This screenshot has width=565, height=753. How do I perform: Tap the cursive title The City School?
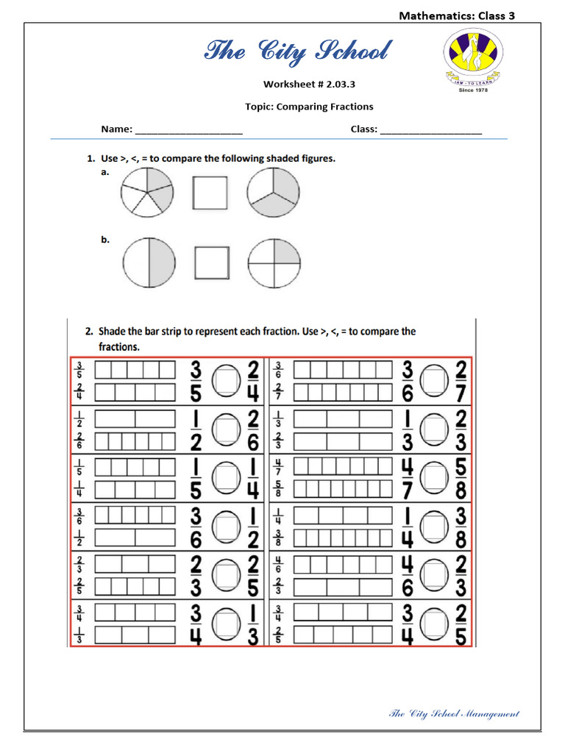coord(297,52)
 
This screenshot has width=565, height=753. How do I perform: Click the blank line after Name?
coord(189,130)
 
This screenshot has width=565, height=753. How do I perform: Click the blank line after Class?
coord(431,130)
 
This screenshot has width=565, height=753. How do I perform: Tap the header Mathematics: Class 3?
coord(456,15)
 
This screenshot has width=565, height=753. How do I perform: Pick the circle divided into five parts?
coord(146,192)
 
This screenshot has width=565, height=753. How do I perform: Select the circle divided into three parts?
coord(274,192)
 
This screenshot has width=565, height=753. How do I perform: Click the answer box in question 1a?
coord(210,192)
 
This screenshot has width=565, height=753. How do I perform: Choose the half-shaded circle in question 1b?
coord(149,263)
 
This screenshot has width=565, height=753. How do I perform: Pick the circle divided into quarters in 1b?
coord(274,263)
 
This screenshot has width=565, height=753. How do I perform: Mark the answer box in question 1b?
coord(212,263)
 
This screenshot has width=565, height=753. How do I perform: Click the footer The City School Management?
coord(453,713)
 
